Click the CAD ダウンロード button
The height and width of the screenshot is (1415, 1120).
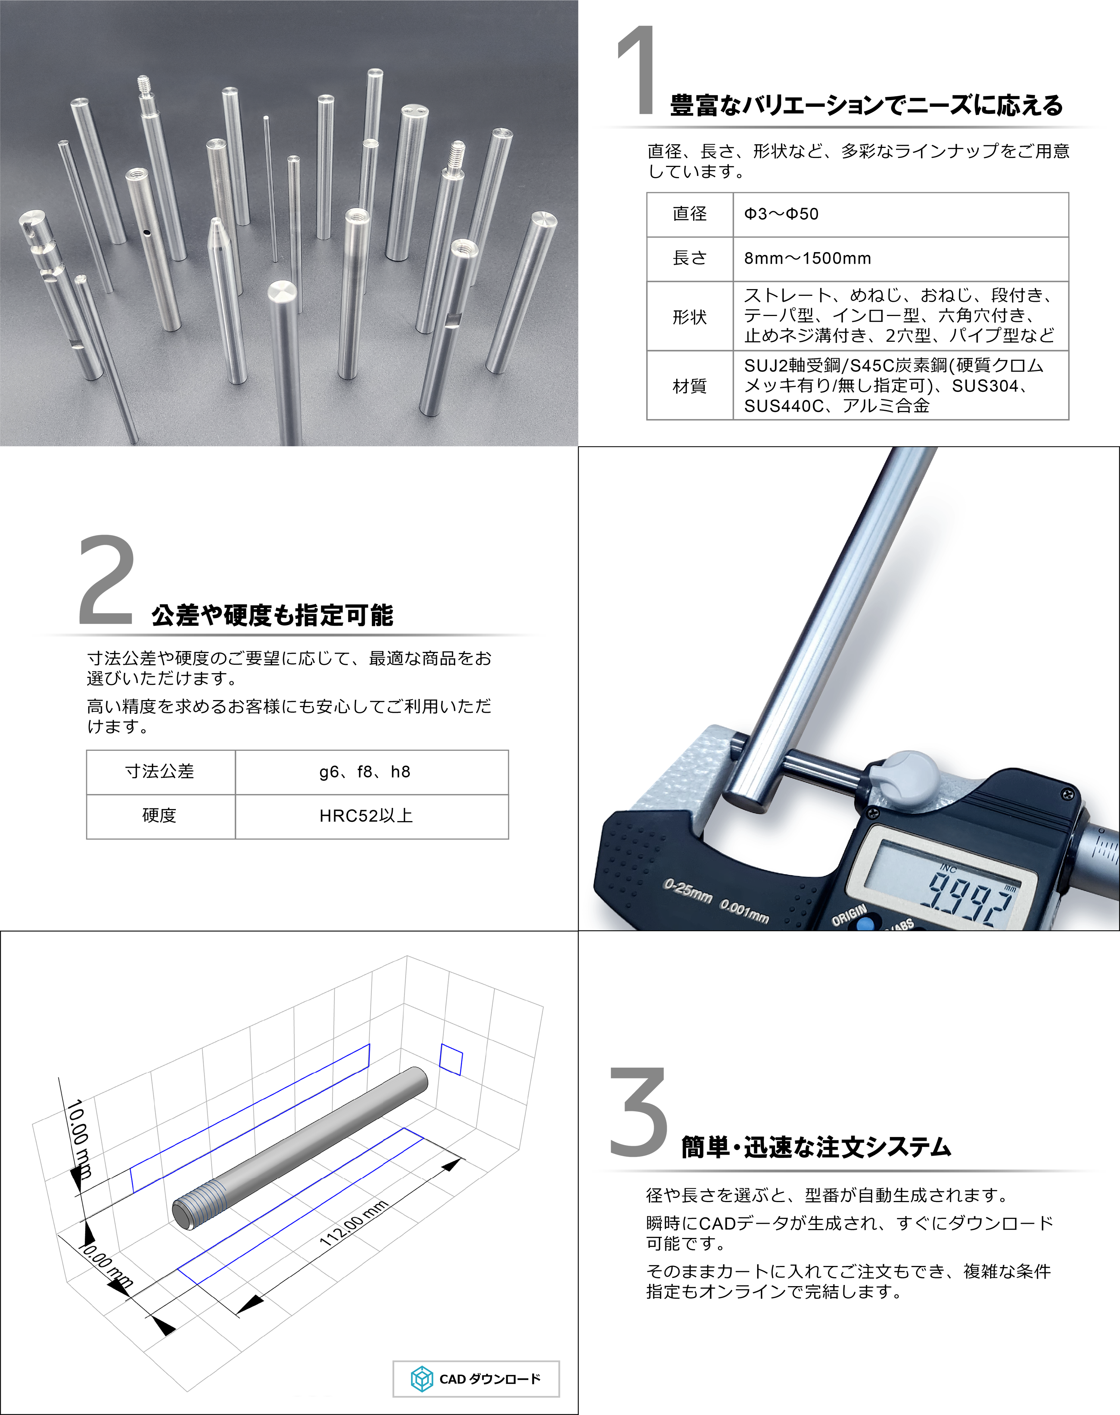tap(476, 1378)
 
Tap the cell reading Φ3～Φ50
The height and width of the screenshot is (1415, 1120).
tap(900, 214)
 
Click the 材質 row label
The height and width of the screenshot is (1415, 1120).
tap(690, 386)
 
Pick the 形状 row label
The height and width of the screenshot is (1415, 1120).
tap(690, 317)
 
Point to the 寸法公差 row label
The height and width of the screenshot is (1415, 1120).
tap(161, 772)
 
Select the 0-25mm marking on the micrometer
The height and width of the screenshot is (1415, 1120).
tap(688, 891)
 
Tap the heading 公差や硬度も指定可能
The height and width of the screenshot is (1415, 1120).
tap(272, 615)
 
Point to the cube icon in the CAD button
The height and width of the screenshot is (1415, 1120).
tap(421, 1379)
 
